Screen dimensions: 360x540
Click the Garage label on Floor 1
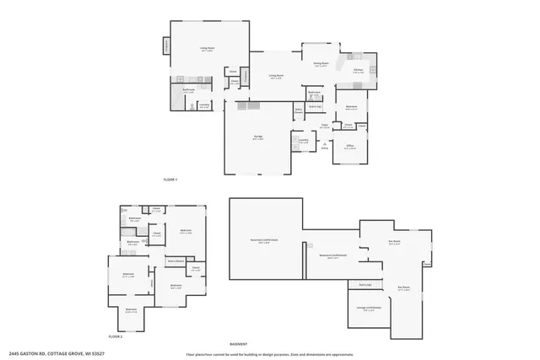(257, 138)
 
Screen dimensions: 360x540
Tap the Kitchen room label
(358, 70)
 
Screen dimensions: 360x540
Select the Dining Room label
(321, 63)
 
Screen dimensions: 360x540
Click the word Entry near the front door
(324, 148)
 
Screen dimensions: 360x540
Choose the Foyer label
(323, 125)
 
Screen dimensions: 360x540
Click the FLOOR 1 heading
(170, 180)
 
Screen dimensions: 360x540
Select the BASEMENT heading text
(239, 344)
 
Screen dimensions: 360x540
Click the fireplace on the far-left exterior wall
(165, 46)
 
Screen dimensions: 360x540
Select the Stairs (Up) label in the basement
(364, 284)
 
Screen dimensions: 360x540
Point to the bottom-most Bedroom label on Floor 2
(132, 309)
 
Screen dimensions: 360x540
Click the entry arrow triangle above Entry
(324, 143)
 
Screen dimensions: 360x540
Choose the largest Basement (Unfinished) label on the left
(264, 240)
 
